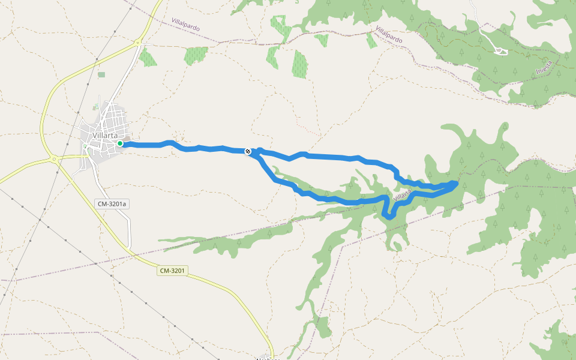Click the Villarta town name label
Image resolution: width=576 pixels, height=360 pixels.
[x=105, y=136]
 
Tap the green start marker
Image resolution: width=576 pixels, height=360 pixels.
[x=120, y=143]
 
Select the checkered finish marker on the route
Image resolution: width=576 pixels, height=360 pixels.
[x=248, y=151]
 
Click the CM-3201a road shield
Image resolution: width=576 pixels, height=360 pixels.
[x=112, y=204]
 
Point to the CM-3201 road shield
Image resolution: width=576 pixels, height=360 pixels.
[x=173, y=271]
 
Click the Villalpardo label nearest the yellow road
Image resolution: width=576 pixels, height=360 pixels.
[x=185, y=25]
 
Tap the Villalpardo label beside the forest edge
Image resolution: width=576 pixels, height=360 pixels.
[x=389, y=34]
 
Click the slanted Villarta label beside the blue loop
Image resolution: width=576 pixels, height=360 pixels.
[x=403, y=195]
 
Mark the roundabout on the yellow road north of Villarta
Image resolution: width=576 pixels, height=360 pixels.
[x=138, y=42]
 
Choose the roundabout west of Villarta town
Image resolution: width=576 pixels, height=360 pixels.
[x=54, y=160]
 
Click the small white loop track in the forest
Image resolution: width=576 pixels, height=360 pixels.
[x=500, y=51]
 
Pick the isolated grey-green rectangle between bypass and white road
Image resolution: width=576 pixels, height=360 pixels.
[x=101, y=74]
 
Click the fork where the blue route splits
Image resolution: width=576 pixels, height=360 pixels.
[x=254, y=153]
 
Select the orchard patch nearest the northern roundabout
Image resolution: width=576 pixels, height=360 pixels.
[x=147, y=58]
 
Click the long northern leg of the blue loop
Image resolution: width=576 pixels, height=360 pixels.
[x=336, y=157]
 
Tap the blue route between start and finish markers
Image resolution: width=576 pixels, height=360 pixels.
[x=186, y=148]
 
